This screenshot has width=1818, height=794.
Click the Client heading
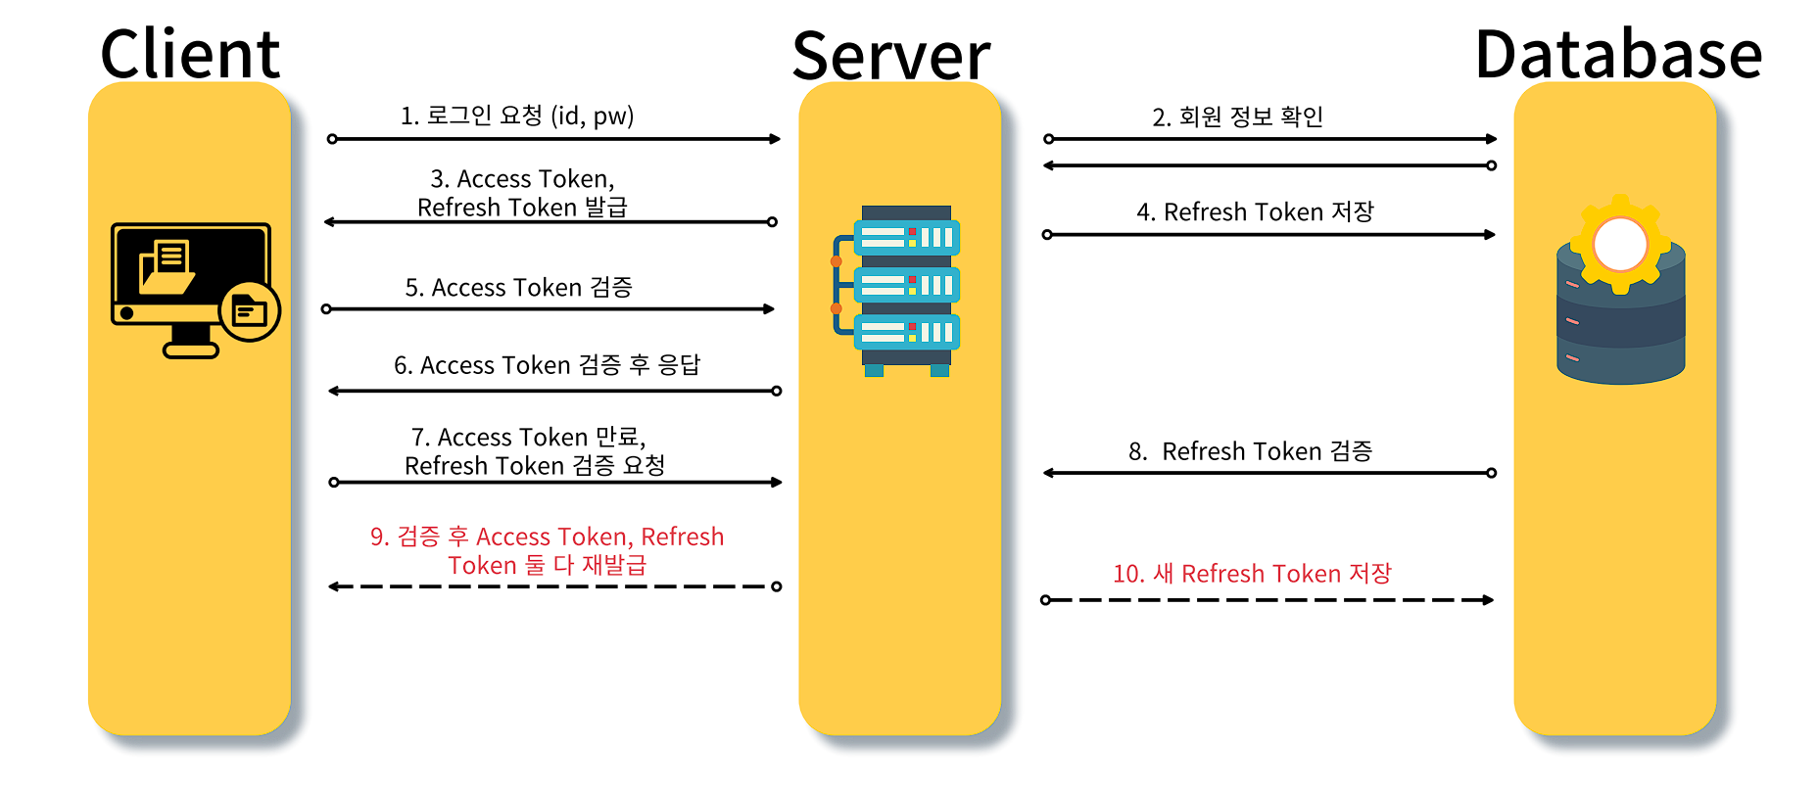tap(190, 54)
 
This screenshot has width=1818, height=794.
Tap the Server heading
tap(890, 56)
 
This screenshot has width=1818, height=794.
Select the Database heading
tap(1618, 54)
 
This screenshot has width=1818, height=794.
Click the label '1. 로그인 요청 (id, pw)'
tap(517, 116)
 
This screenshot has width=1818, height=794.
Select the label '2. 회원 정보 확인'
tap(1237, 117)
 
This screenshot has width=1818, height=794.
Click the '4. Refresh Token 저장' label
tap(1255, 211)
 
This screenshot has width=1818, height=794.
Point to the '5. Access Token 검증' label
tap(518, 287)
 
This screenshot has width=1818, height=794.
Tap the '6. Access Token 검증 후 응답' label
tap(547, 365)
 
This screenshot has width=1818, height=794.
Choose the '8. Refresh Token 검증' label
tap(1250, 451)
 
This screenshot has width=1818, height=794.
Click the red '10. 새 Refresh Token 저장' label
tap(1251, 573)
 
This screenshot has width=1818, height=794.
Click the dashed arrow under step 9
tap(553, 586)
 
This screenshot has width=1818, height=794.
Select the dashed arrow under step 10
tap(1268, 599)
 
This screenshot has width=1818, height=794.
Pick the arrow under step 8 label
tap(1268, 473)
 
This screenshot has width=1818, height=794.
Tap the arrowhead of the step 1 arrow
tap(775, 139)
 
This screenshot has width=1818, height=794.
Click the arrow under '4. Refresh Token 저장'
tap(1269, 235)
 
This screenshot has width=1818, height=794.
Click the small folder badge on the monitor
tap(250, 311)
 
